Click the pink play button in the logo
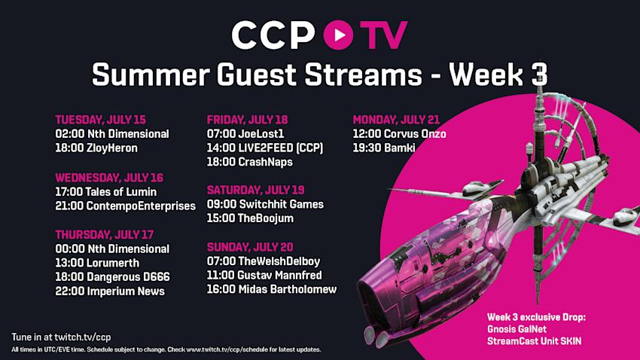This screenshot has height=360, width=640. point(338,35)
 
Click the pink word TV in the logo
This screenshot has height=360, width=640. point(383,35)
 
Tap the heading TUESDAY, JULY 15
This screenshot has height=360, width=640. point(100,120)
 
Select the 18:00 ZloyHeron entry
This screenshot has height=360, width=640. point(96,148)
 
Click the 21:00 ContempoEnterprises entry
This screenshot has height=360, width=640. point(126,206)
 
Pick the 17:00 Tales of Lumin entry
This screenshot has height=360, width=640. point(106,191)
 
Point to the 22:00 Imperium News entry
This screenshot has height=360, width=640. point(110,291)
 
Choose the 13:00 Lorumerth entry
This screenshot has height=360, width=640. point(97,263)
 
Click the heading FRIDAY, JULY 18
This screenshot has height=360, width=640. point(248,120)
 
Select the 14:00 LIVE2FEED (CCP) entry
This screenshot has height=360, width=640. point(265,148)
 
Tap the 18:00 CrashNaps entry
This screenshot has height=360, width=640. point(250,162)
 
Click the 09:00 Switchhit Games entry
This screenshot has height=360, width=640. point(265,204)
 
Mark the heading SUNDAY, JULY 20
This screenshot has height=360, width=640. point(250,247)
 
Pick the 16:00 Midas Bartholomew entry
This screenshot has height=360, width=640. point(272,289)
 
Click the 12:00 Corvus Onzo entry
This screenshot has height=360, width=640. point(400,134)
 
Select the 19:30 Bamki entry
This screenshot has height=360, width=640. point(384,148)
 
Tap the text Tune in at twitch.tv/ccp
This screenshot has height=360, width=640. point(61,337)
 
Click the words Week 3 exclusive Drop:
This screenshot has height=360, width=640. point(536,317)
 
